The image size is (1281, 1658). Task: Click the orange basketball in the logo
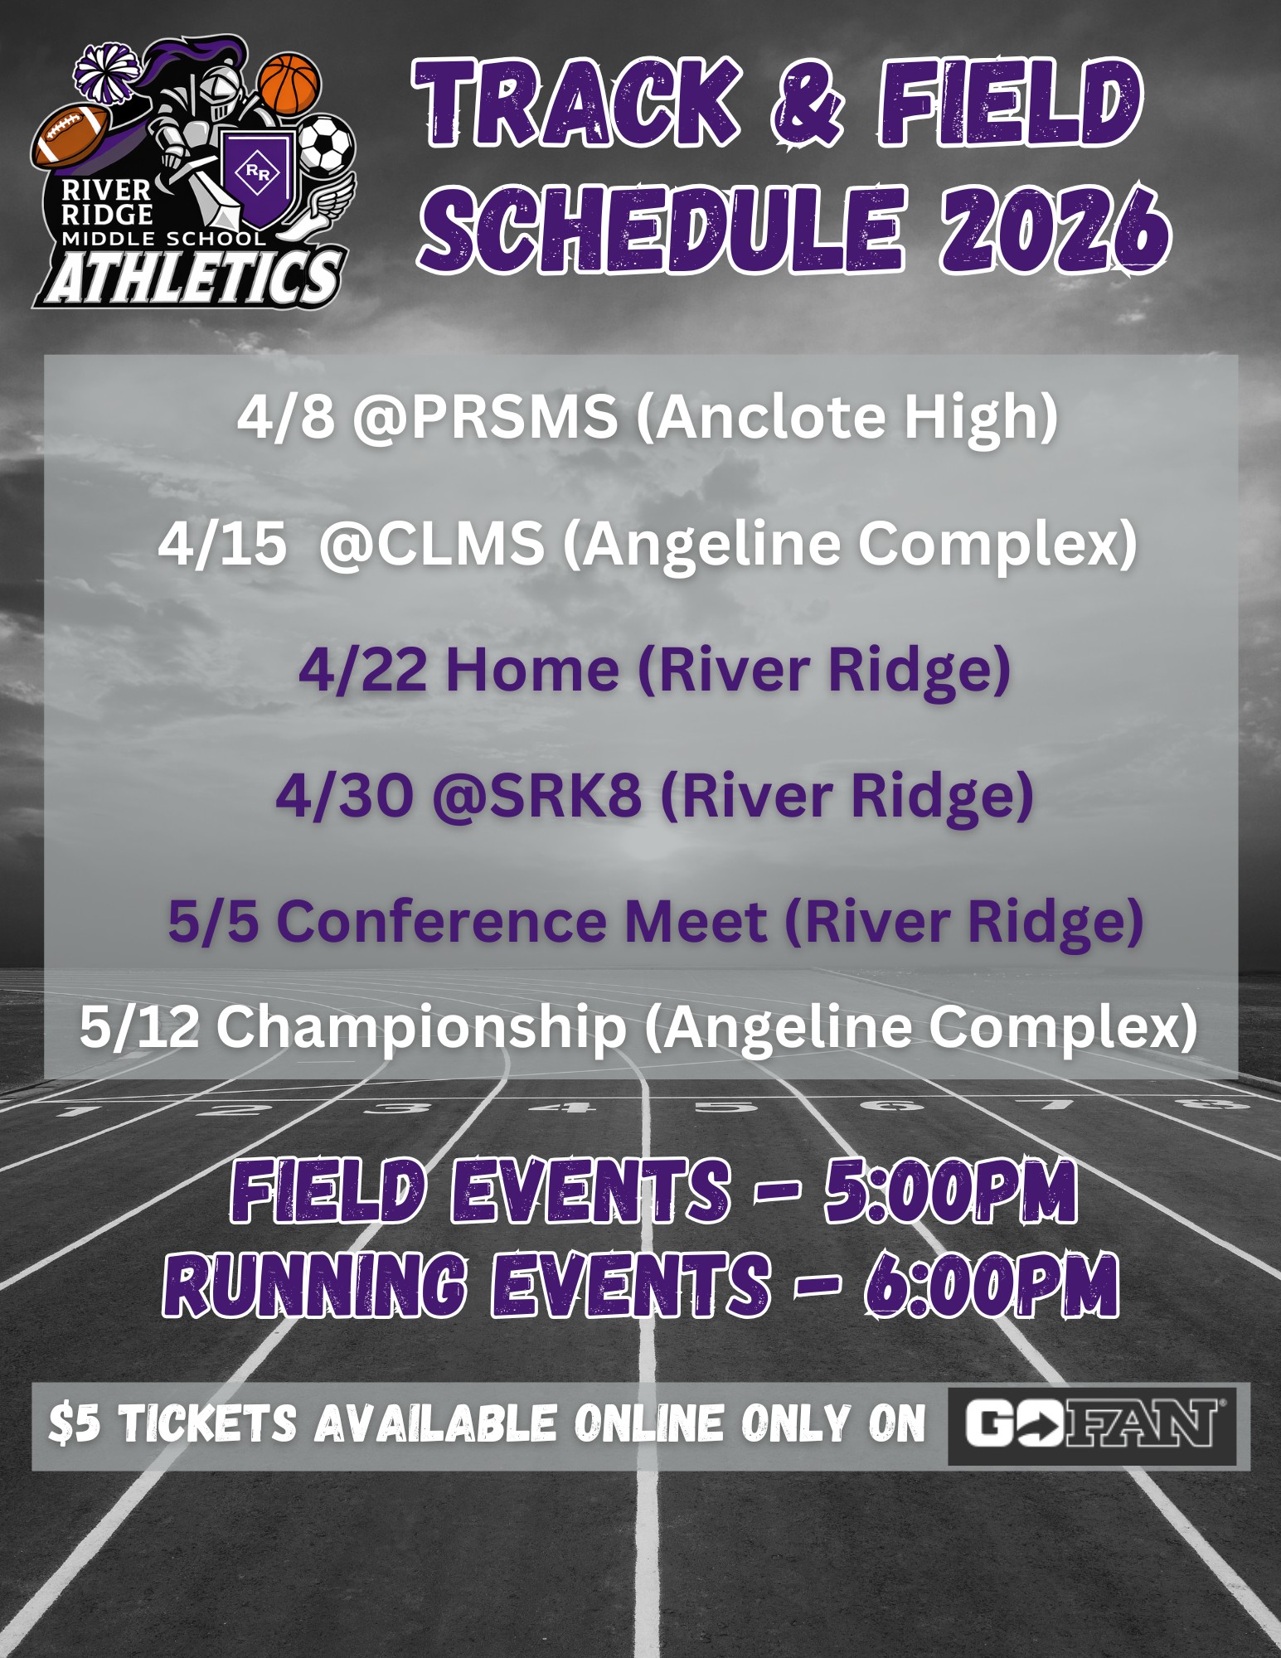[x=289, y=84]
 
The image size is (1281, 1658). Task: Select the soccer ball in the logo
[x=326, y=145]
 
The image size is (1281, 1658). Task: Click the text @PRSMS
[x=485, y=416]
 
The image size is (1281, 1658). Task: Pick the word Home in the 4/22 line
[x=532, y=670]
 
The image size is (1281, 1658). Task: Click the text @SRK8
[x=537, y=796]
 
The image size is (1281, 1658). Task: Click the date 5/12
[x=139, y=1026]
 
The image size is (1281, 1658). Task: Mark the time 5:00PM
[x=950, y=1191]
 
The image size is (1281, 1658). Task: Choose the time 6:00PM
[x=990, y=1285]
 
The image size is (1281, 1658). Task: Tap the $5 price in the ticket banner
[x=75, y=1424]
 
